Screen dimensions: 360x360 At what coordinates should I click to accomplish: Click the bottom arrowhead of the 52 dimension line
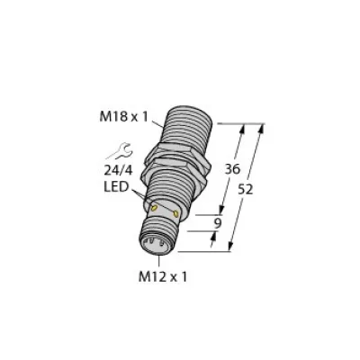pyautogui.click(x=235, y=247)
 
